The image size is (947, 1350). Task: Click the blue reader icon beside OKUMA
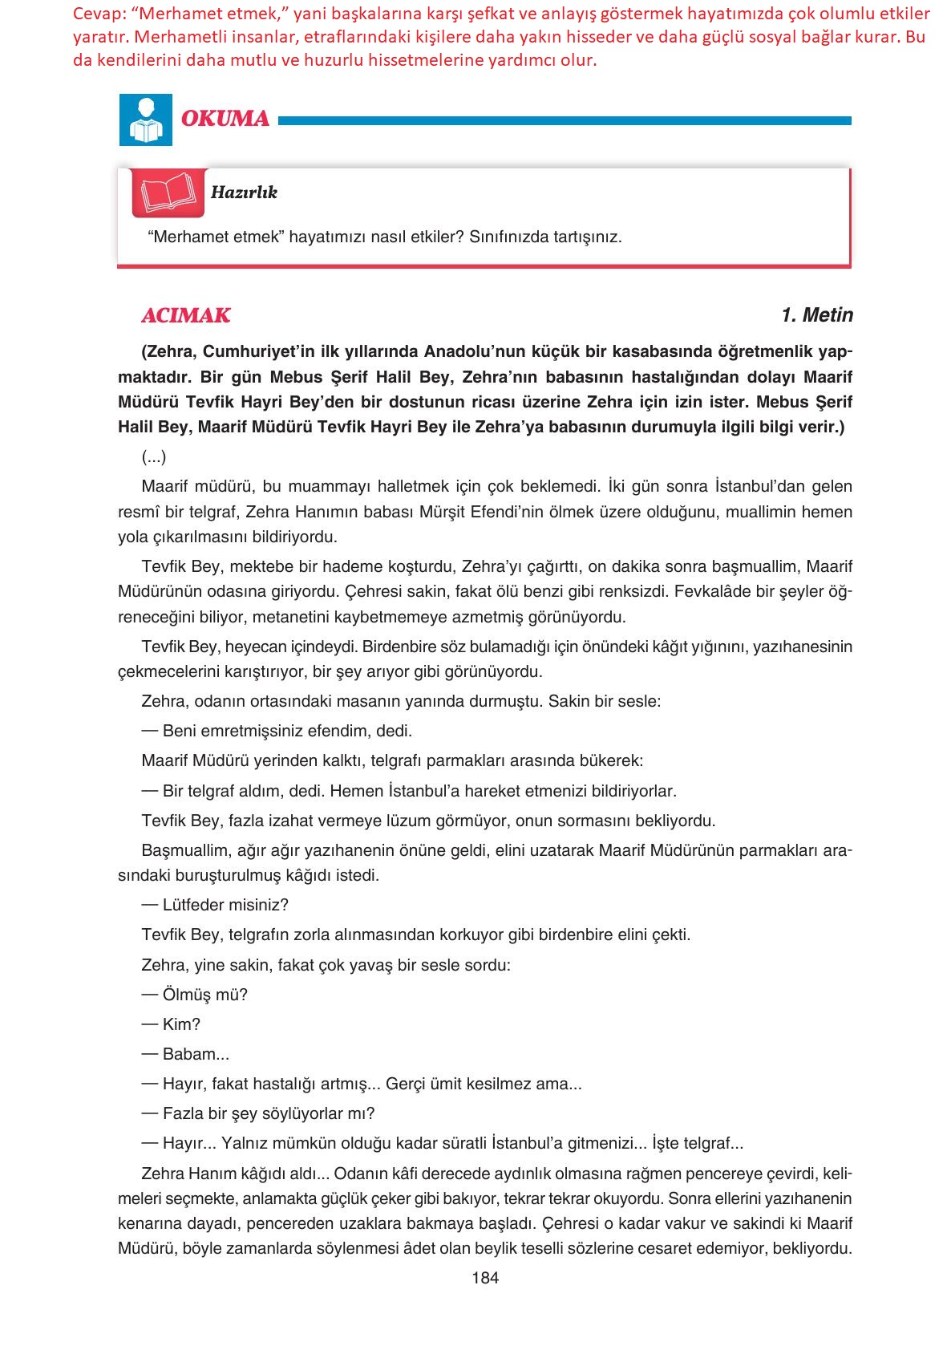145,120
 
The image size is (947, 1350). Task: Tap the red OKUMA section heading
225,119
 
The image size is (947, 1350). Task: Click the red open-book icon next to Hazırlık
168,193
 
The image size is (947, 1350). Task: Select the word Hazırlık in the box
244,193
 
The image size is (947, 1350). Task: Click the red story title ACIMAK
186,316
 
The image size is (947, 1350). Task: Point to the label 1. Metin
816,315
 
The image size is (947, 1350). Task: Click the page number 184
485,1278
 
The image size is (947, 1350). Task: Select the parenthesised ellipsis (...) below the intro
154,457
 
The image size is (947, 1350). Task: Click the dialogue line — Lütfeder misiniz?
215,905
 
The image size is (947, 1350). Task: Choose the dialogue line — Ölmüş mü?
195,995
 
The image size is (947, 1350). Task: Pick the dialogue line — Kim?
171,1024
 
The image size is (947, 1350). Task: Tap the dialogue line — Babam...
185,1054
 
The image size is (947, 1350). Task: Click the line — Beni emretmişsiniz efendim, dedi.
277,731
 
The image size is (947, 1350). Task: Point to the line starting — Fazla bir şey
258,1113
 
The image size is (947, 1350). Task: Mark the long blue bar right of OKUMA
564,121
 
